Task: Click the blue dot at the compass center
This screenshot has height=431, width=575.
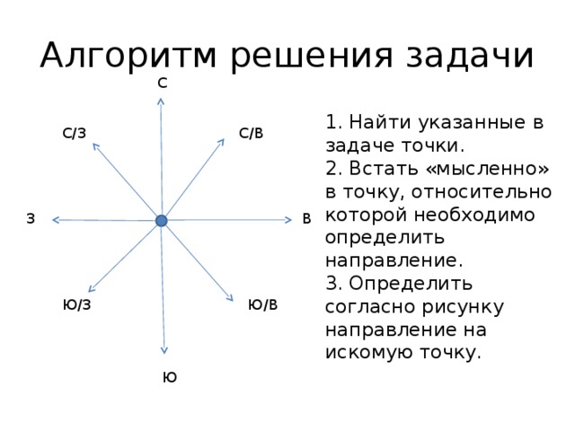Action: click(x=162, y=221)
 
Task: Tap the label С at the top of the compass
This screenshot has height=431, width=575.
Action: click(x=163, y=84)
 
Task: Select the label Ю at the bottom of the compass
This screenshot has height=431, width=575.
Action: click(x=170, y=377)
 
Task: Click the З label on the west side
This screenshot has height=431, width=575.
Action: click(x=31, y=218)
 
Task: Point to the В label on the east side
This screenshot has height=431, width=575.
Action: click(x=306, y=218)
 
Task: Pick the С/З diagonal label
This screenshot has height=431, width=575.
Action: click(x=74, y=133)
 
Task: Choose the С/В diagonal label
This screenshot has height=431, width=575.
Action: click(x=252, y=133)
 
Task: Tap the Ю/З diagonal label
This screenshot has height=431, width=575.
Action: click(x=76, y=304)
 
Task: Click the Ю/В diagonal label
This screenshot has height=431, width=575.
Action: click(x=263, y=304)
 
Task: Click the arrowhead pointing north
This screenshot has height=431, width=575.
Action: click(x=160, y=101)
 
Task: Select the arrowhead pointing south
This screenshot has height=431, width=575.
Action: click(x=164, y=351)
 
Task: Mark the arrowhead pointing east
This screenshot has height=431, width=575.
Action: click(x=288, y=219)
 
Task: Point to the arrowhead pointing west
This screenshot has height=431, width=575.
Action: click(x=56, y=219)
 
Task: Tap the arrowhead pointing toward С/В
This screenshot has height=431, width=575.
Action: click(x=222, y=142)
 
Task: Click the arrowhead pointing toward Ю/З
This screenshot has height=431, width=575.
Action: click(x=92, y=289)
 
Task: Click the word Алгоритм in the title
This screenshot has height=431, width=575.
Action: click(x=128, y=56)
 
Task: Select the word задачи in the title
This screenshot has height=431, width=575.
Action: click(x=470, y=56)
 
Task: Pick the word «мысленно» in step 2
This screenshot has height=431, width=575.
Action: click(x=488, y=169)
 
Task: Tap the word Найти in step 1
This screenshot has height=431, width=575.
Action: click(x=379, y=122)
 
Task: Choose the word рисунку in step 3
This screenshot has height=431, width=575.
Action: click(x=463, y=308)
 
